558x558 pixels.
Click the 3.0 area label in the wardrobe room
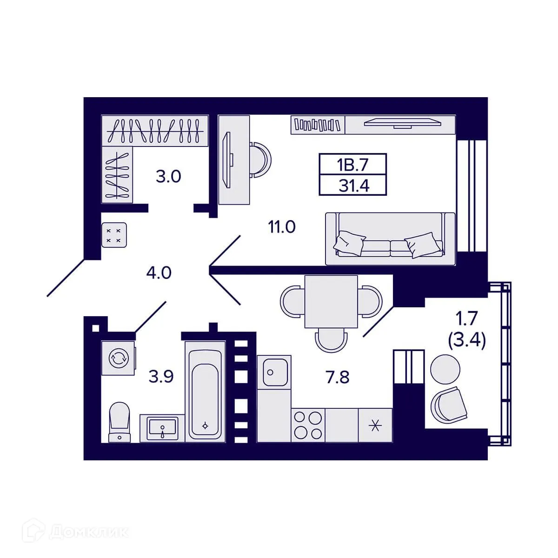(x=168, y=177)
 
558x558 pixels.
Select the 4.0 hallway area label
(x=159, y=272)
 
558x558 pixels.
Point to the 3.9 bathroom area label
(x=161, y=376)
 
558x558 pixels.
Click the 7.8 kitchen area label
(x=337, y=377)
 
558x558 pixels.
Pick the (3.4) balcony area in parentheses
(x=466, y=341)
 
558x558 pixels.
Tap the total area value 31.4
(x=353, y=186)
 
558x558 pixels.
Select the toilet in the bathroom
(x=119, y=421)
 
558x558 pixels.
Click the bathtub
(x=205, y=391)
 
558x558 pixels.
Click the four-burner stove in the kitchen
(x=308, y=425)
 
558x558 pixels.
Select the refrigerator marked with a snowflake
(x=375, y=425)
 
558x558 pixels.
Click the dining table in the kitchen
(x=331, y=301)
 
